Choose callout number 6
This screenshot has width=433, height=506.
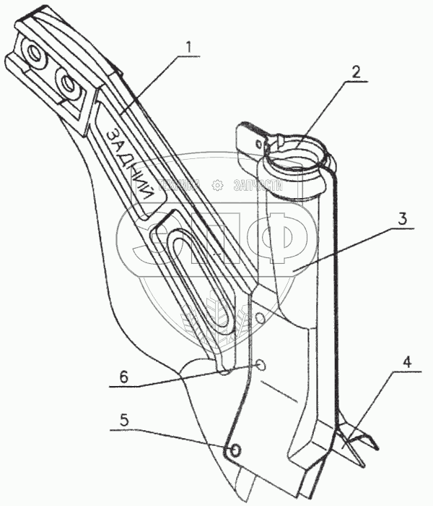(x=123, y=376)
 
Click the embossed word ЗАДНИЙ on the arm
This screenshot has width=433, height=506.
(x=130, y=162)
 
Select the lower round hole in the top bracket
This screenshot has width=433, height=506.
(x=69, y=85)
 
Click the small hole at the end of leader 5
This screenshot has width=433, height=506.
(x=233, y=450)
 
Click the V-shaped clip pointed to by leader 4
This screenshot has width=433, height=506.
(x=355, y=445)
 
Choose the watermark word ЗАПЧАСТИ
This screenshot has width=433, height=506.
(x=256, y=185)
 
